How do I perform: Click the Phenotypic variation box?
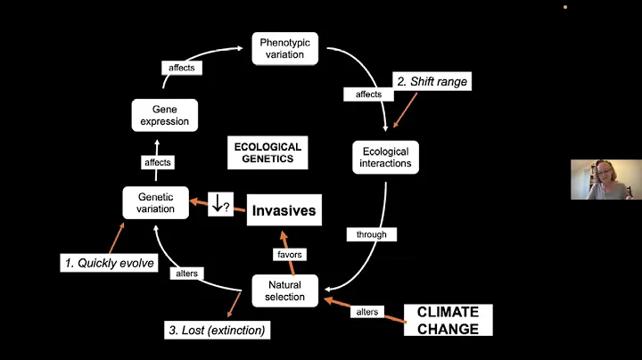pos(283,48)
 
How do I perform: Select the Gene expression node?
pos(163,113)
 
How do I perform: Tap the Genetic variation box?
pos(156,202)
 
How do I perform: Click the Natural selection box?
pos(285,290)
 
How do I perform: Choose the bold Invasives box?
pos(284,210)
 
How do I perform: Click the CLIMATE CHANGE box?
pos(448,320)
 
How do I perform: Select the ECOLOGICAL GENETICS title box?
pos(267,153)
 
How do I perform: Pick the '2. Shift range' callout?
pos(432,82)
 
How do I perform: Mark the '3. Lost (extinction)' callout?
pos(217,330)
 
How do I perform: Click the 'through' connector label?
pos(371,234)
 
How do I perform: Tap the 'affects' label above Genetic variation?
pos(157,163)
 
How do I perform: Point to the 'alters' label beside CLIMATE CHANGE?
pos(366,312)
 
